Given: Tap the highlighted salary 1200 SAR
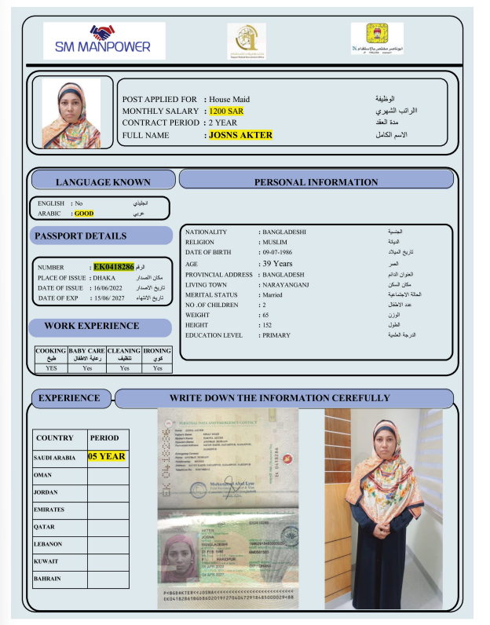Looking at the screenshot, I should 226,111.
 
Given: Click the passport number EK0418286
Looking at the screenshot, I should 114,267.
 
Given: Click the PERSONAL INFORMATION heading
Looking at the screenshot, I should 316,182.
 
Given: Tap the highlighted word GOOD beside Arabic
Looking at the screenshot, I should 84,214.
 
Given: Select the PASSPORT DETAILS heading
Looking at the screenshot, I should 80,236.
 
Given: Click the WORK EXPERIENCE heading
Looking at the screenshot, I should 92,325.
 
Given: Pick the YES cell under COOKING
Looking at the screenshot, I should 51,367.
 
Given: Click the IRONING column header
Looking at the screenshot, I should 158,354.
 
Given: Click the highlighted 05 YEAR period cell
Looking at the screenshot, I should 107,456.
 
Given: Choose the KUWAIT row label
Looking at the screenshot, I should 47,561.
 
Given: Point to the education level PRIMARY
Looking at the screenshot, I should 277,335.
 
